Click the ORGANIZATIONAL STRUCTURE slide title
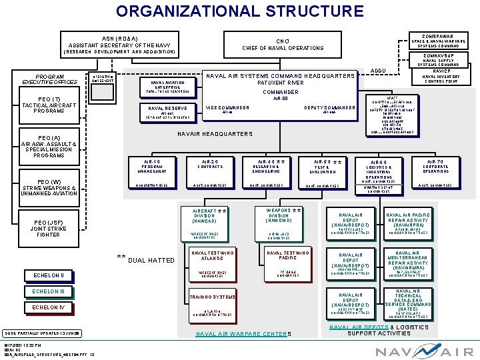[x=239, y=11]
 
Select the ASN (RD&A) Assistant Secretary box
[x=119, y=44]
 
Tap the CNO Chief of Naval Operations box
[x=283, y=44]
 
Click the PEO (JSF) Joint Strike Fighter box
[x=49, y=228]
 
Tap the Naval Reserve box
[x=167, y=111]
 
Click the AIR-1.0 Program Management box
[x=151, y=167]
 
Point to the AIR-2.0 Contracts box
[x=209, y=167]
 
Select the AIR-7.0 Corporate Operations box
[x=435, y=167]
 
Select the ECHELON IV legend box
[x=49, y=307]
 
